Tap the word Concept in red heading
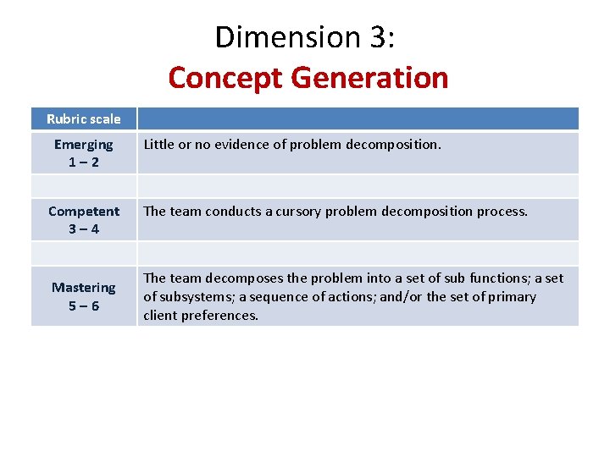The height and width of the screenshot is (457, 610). point(225,78)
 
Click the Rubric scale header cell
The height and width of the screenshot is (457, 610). point(83,119)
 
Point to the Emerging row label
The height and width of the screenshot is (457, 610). point(83,145)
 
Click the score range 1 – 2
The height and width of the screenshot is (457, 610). point(83,162)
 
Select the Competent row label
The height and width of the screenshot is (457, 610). point(83,211)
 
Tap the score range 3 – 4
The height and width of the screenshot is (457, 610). point(83,229)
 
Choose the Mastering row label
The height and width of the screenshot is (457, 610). point(83,288)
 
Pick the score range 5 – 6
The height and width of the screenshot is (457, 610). point(83,306)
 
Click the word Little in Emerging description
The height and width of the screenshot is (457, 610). point(158,145)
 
